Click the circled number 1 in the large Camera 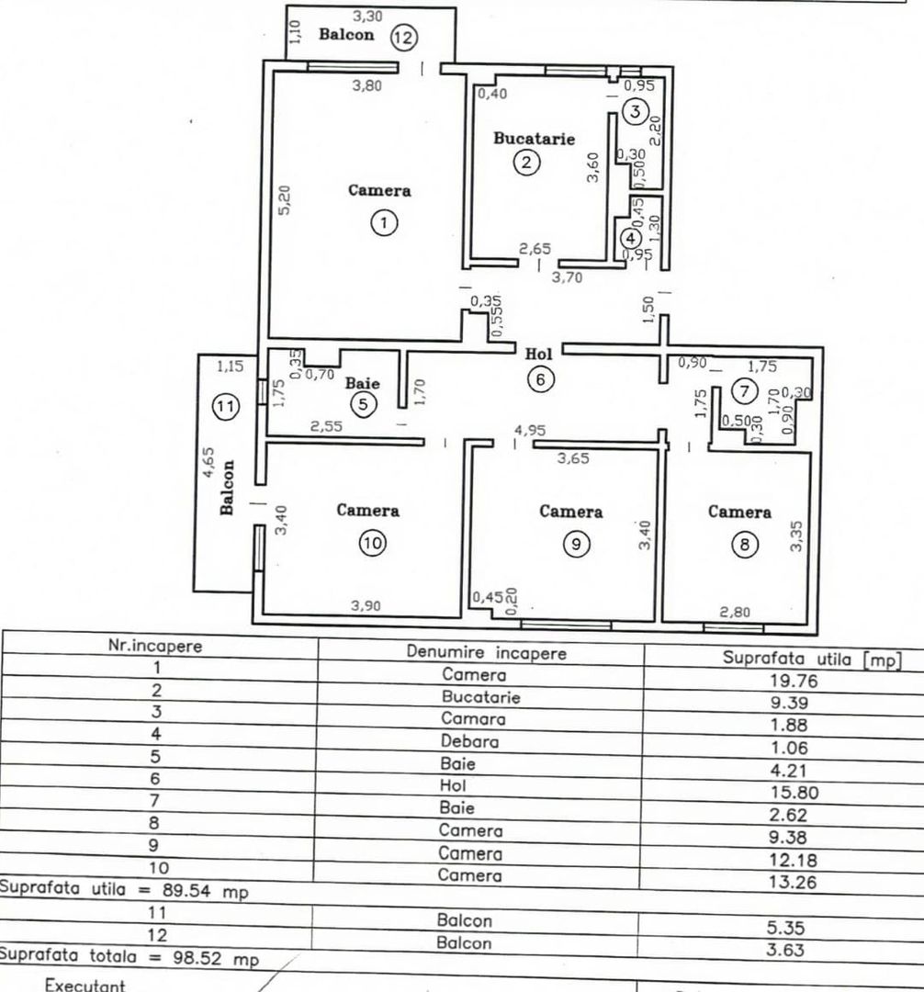pyautogui.click(x=384, y=222)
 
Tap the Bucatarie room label pyautogui.click(x=535, y=139)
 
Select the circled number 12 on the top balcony pyautogui.click(x=403, y=38)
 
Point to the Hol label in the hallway pyautogui.click(x=538, y=354)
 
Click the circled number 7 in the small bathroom pyautogui.click(x=744, y=391)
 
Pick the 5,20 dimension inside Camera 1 pyautogui.click(x=285, y=200)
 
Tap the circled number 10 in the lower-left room pyautogui.click(x=373, y=543)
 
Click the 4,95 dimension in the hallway pyautogui.click(x=530, y=430)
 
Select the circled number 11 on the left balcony pyautogui.click(x=226, y=406)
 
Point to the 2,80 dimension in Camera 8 pyautogui.click(x=735, y=612)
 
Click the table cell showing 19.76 pyautogui.click(x=794, y=681)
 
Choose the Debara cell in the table pyautogui.click(x=469, y=741)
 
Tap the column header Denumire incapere pyautogui.click(x=487, y=652)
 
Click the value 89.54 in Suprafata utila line pyautogui.click(x=187, y=890)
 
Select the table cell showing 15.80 pyautogui.click(x=794, y=793)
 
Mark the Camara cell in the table pyautogui.click(x=473, y=719)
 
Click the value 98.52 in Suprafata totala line pyautogui.click(x=197, y=957)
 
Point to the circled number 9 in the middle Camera pyautogui.click(x=576, y=544)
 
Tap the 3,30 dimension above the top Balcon pyautogui.click(x=367, y=16)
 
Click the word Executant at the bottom pyautogui.click(x=85, y=985)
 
